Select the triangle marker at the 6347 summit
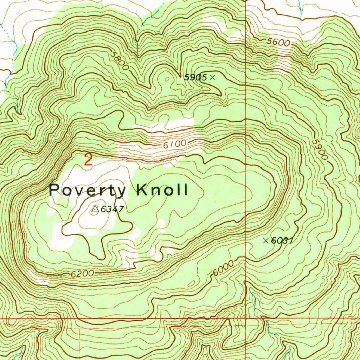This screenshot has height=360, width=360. [x=94, y=210]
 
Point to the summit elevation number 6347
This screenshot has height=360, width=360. [x=112, y=210]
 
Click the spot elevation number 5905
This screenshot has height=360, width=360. [x=195, y=78]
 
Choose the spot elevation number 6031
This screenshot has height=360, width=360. [x=282, y=241]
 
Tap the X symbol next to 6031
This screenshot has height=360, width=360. [x=266, y=240]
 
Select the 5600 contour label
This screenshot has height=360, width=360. [x=278, y=43]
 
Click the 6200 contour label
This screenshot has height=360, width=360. [x=82, y=274]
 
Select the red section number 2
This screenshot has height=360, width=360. [x=88, y=160]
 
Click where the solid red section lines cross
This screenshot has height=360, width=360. [x=245, y=319]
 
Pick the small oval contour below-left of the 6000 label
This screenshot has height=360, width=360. [x=192, y=283]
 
